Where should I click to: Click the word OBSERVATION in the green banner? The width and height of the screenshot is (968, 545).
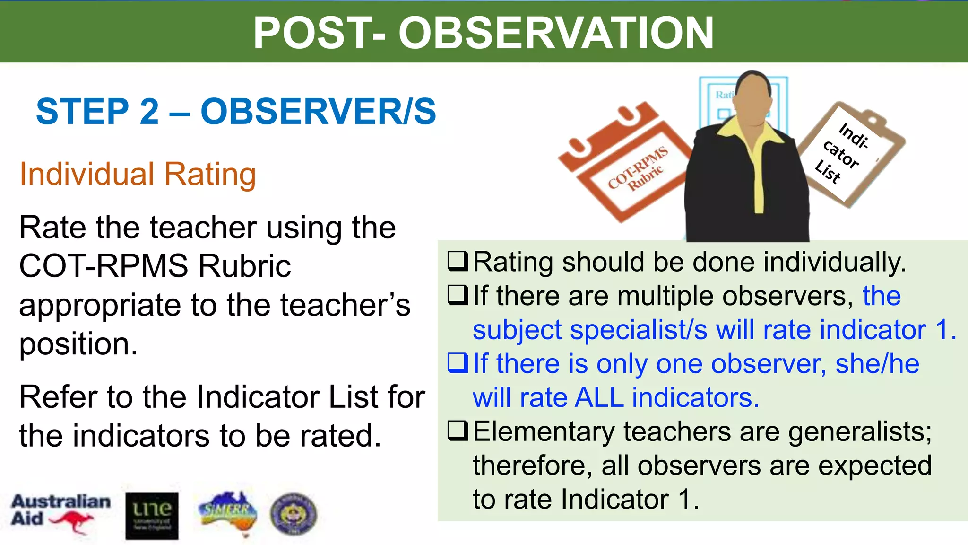click(556, 33)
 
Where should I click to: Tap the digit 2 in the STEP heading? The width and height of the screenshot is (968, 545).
click(149, 112)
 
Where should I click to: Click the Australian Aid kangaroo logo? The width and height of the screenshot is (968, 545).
click(60, 514)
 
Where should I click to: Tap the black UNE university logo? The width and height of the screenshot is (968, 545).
click(152, 516)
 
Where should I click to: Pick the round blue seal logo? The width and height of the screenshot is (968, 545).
click(294, 514)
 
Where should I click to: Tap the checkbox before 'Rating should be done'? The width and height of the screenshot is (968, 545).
click(458, 262)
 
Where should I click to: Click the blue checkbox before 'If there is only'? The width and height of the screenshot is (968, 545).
click(458, 363)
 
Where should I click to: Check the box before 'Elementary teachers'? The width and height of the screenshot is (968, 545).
click(458, 431)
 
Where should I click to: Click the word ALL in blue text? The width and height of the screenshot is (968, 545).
click(599, 397)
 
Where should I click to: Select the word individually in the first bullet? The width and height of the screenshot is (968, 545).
click(835, 263)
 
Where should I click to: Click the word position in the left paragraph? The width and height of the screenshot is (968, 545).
click(78, 344)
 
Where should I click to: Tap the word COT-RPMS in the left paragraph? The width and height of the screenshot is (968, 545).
click(104, 266)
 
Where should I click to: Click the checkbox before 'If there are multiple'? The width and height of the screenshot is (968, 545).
click(458, 296)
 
